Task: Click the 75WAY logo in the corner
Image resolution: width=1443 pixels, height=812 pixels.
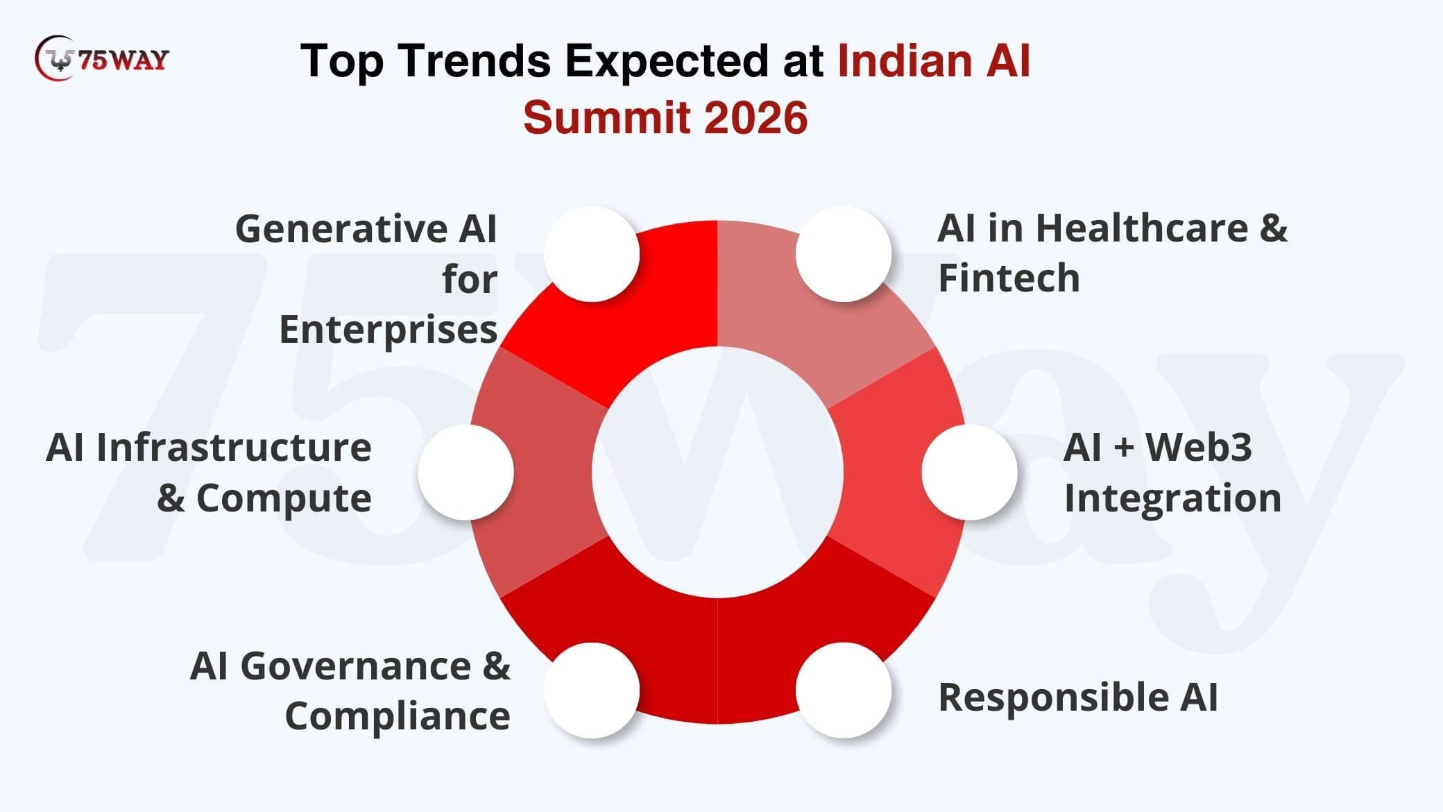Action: [102, 58]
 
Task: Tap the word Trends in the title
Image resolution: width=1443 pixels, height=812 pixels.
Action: [475, 60]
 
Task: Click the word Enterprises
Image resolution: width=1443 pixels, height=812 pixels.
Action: [388, 330]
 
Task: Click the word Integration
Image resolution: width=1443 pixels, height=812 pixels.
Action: [1172, 498]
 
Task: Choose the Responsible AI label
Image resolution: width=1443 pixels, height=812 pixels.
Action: [1078, 697]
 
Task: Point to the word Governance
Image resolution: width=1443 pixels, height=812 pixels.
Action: [356, 666]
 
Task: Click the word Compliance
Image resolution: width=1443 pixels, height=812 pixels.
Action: [398, 717]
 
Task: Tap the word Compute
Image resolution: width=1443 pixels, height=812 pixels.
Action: [284, 498]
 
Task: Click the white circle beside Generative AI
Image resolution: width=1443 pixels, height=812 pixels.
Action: [591, 254]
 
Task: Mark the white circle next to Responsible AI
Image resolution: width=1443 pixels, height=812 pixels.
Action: [844, 690]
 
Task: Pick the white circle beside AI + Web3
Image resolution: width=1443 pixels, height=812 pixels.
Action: [970, 472]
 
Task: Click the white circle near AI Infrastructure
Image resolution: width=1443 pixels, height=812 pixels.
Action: [466, 472]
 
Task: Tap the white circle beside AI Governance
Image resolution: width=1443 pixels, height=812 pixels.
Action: [591, 690]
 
